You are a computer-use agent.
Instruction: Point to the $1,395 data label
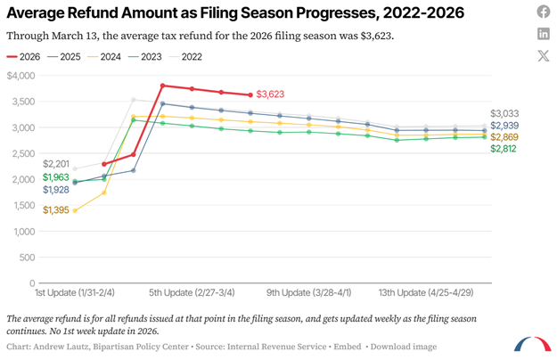[57, 210]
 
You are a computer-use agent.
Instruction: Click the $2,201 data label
[57, 164]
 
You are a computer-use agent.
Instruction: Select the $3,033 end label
[504, 114]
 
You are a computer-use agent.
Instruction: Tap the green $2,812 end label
[504, 149]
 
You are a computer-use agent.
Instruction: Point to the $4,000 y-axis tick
[20, 76]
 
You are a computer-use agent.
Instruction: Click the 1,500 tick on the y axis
[20, 206]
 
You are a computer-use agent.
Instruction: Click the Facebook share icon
[544, 12]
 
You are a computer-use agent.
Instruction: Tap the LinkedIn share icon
[544, 34]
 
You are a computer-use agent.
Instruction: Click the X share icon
[544, 56]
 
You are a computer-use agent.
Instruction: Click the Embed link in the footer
[348, 346]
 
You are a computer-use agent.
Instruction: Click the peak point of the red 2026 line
[162, 86]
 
